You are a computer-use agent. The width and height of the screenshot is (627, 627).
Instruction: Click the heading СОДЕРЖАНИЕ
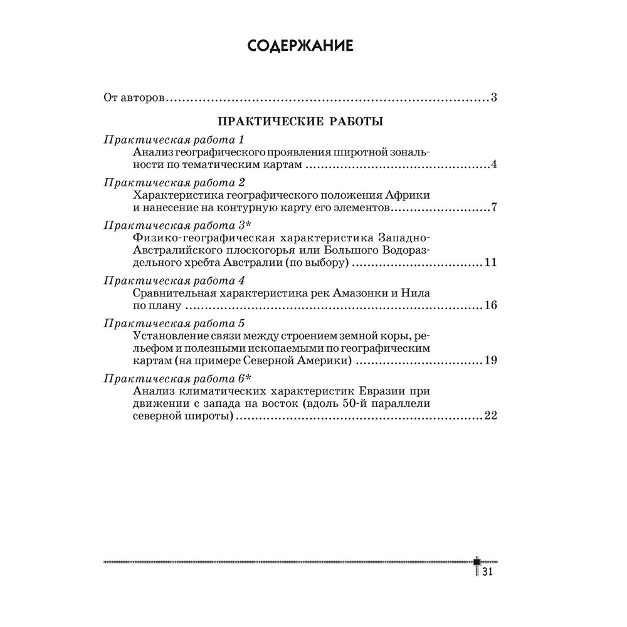pos(300,46)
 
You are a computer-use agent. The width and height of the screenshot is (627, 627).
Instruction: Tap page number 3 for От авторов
pos(494,98)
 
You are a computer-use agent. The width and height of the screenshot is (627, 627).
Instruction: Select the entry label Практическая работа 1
pos(172,139)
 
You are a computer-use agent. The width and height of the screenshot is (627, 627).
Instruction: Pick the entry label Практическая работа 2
pos(172,182)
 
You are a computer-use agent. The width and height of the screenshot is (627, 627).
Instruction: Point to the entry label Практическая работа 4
pos(172,280)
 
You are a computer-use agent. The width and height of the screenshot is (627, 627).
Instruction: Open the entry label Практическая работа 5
pos(172,324)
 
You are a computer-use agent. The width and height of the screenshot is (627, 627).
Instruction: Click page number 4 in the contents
pos(494,165)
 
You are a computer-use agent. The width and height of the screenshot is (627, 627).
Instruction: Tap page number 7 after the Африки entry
pos(494,208)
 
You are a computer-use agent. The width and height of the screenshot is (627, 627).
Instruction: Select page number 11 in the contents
pos(490,263)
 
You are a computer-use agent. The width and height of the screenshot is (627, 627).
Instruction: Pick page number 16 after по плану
pos(490,306)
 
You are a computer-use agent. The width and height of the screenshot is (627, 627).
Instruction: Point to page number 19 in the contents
pos(490,361)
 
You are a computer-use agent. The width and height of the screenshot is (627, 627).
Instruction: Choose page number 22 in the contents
pos(490,416)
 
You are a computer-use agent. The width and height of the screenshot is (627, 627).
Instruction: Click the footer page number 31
pos(489,572)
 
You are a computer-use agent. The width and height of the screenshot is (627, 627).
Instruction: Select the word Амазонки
pos(350,293)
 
